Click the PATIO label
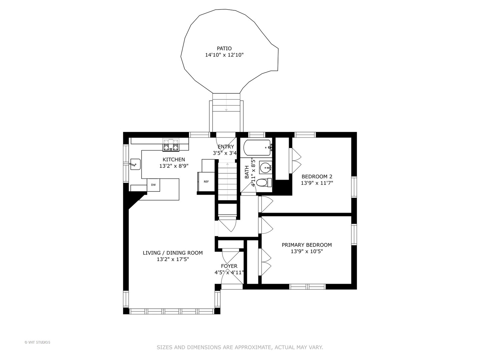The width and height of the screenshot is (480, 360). click(224, 48)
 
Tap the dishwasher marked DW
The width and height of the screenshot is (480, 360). click(153, 185)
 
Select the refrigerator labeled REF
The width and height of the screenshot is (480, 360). click(206, 182)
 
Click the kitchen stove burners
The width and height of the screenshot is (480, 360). click(171, 145)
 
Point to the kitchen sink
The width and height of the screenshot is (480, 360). click(135, 164)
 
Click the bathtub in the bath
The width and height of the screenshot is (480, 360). click(257, 148)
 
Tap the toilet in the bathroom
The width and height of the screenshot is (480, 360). click(264, 182)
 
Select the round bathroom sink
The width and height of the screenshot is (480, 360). click(266, 168)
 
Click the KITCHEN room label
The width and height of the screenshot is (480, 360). click(174, 160)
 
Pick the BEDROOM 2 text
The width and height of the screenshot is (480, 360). click(317, 176)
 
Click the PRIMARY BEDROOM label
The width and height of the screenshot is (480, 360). click(307, 245)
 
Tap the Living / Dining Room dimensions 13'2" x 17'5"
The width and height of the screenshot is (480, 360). click(173, 259)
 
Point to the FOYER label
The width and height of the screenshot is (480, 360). click(229, 266)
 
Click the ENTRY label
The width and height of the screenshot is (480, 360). click(226, 147)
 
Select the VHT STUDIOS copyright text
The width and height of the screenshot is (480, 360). click(37, 342)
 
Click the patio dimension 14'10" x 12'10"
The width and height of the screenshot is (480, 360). click(224, 55)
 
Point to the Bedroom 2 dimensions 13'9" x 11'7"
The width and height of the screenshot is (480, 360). click(317, 183)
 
